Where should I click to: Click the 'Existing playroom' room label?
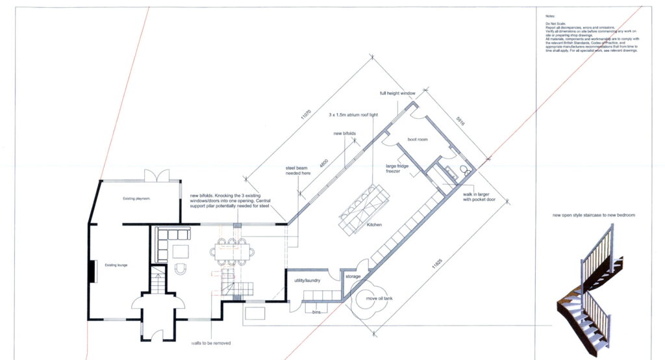[x=137, y=199]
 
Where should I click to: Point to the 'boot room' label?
[x=416, y=139]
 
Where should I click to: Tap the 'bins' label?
[x=316, y=312]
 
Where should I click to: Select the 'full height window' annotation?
[x=397, y=94]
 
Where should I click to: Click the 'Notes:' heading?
[x=551, y=15]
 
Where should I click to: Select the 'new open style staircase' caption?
[x=594, y=214]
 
